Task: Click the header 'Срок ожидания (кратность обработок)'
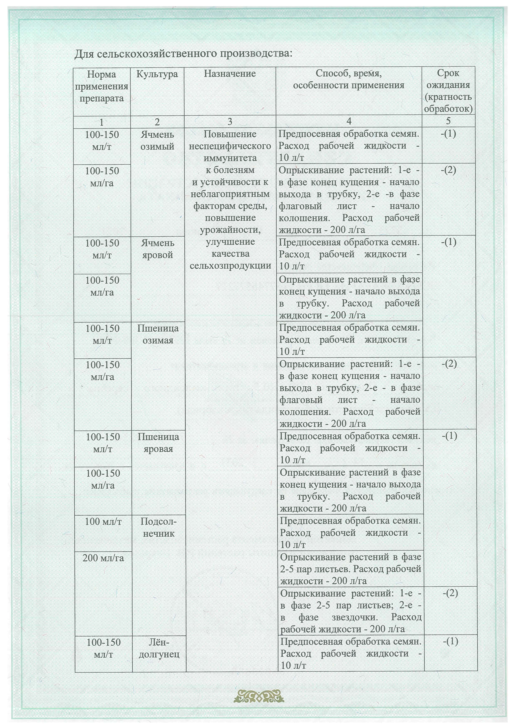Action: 448,91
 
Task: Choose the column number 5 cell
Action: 448,121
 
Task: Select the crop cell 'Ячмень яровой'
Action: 157,249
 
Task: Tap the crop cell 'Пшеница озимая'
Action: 158,334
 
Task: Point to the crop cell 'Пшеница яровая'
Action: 158,443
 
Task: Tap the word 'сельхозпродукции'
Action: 230,265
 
